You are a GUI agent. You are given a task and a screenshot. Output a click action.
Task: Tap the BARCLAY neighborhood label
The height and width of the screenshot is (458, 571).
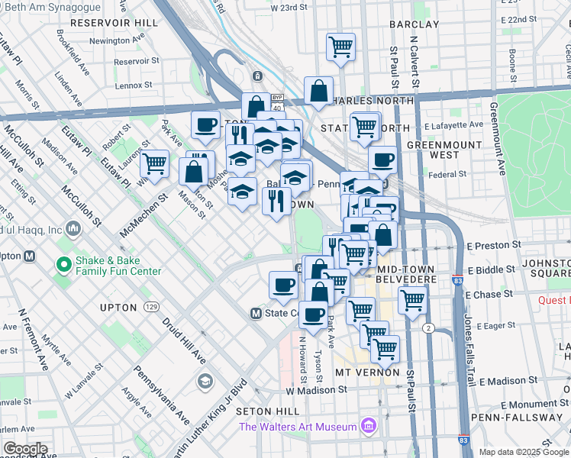click(415, 24)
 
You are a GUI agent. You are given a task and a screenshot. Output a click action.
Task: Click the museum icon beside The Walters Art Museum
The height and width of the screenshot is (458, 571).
click(369, 425)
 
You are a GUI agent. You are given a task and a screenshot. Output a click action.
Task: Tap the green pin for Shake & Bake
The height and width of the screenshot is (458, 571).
click(65, 265)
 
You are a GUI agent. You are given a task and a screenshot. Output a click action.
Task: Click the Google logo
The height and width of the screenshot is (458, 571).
click(25, 449)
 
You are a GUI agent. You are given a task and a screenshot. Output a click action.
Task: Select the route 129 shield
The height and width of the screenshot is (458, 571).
click(151, 307)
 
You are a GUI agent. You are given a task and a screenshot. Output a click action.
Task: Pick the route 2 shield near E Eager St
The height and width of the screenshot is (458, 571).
click(429, 328)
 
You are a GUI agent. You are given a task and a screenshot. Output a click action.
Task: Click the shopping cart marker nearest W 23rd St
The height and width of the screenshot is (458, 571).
click(340, 46)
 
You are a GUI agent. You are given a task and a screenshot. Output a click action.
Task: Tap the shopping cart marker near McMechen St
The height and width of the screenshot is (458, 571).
click(155, 163)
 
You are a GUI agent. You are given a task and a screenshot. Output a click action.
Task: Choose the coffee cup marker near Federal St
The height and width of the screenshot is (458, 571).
click(382, 160)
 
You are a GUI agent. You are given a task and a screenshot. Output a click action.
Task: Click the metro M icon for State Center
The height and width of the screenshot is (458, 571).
click(257, 313)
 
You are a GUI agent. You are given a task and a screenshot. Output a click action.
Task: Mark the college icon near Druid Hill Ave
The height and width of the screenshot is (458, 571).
click(205, 380)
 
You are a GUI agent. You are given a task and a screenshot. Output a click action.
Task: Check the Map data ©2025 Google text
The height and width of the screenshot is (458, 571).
click(523, 451)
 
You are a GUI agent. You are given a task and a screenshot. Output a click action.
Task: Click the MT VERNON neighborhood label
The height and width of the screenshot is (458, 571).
click(367, 372)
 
